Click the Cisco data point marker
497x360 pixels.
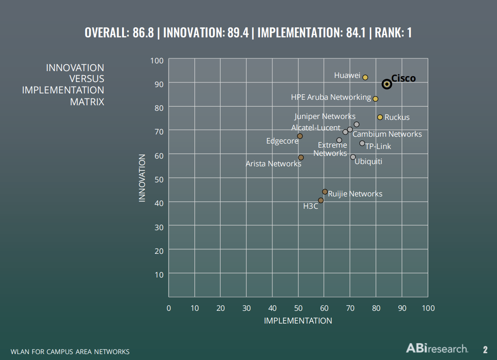387,84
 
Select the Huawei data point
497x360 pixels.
365,77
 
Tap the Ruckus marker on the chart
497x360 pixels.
380,117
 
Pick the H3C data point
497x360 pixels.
321,201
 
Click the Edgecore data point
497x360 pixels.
300,136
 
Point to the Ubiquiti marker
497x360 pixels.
353,157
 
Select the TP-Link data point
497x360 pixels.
362,143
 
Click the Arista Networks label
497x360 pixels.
273,164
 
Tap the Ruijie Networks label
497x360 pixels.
355,194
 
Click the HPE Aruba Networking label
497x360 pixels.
331,97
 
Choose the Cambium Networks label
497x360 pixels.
387,134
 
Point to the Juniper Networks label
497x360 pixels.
325,116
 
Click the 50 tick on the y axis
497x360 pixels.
159,178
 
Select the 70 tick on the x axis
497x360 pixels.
350,308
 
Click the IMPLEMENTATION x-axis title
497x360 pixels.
298,321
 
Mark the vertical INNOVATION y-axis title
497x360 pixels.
142,178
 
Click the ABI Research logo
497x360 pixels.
437,349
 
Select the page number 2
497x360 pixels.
485,350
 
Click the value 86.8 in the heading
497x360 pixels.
143,33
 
